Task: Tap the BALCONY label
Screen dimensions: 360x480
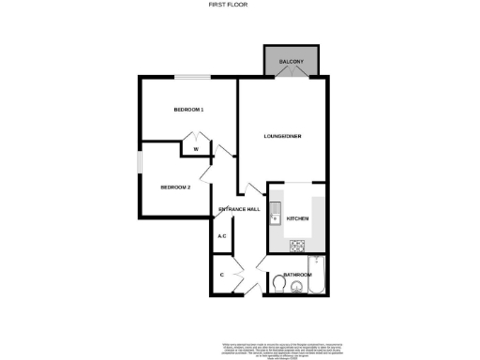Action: [292, 63]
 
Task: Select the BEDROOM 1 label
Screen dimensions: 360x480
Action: [188, 111]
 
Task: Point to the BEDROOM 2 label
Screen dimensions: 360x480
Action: [175, 187]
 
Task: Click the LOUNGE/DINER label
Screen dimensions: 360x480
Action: [282, 137]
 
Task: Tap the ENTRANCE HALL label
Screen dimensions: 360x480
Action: [239, 208]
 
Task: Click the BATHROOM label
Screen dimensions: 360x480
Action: [297, 275]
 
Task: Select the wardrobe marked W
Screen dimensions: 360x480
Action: [196, 149]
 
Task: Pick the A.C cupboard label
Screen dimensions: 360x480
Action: [222, 236]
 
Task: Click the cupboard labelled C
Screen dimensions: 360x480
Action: [221, 275]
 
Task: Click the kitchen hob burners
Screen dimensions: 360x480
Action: [299, 247]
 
